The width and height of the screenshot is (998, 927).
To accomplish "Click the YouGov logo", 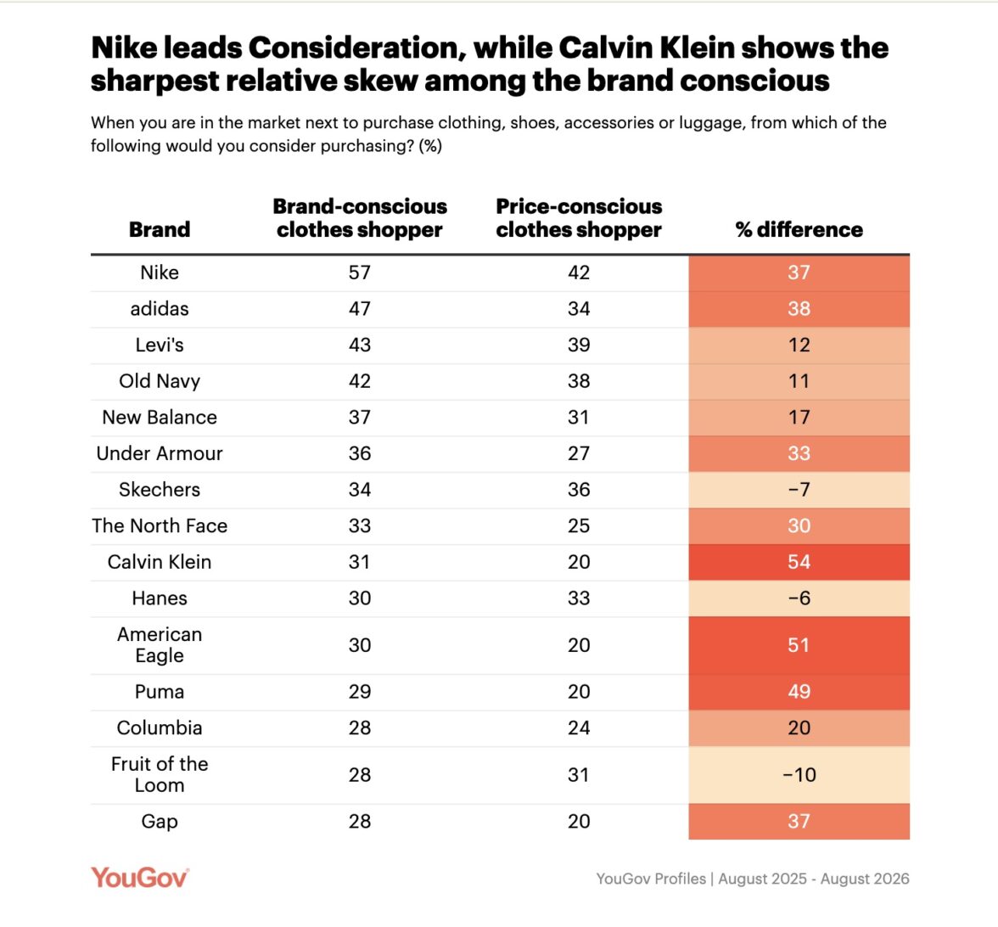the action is [x=139, y=878].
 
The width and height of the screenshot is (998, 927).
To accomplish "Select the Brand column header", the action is [x=160, y=229].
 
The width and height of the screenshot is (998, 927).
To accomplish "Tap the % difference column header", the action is [x=799, y=229].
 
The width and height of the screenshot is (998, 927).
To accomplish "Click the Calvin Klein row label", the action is [x=160, y=562].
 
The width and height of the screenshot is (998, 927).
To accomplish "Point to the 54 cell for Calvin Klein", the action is [x=799, y=562].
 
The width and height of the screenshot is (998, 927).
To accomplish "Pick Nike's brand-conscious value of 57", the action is [x=360, y=272].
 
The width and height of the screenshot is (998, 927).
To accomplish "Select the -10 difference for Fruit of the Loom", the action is [x=799, y=775].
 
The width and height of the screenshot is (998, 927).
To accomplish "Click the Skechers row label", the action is [x=160, y=490].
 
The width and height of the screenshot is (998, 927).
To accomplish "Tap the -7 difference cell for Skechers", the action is [x=799, y=490].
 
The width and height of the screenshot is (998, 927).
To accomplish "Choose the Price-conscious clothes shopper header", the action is [x=579, y=217].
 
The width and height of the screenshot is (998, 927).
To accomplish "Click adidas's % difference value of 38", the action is [x=799, y=309].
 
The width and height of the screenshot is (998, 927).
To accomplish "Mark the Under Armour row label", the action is [x=160, y=453].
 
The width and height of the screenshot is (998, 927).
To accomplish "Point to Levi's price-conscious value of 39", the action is [x=579, y=345].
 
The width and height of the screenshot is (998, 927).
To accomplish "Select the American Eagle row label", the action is [x=160, y=645].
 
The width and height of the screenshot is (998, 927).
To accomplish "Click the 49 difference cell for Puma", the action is [x=799, y=692].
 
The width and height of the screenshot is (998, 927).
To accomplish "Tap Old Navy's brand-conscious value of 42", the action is [x=360, y=380].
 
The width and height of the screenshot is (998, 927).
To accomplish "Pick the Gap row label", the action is [x=160, y=822].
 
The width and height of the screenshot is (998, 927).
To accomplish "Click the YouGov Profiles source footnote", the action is [x=752, y=879].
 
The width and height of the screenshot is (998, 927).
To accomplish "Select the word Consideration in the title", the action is [x=353, y=48].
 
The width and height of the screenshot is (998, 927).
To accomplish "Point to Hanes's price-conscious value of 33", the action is [x=579, y=598].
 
